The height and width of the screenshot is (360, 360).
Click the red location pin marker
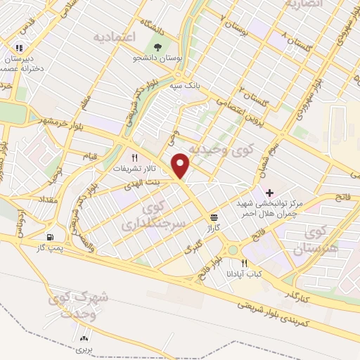tap(181, 165)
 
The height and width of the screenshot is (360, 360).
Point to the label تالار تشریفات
tap(133, 169)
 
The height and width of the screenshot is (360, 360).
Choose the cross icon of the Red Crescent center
tap(269, 192)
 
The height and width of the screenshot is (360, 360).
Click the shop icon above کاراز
tap(213, 217)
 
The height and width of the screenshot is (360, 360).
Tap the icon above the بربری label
tap(85, 337)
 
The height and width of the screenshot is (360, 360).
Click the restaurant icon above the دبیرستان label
tap(19, 48)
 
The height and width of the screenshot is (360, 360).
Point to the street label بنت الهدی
tap(144, 183)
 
